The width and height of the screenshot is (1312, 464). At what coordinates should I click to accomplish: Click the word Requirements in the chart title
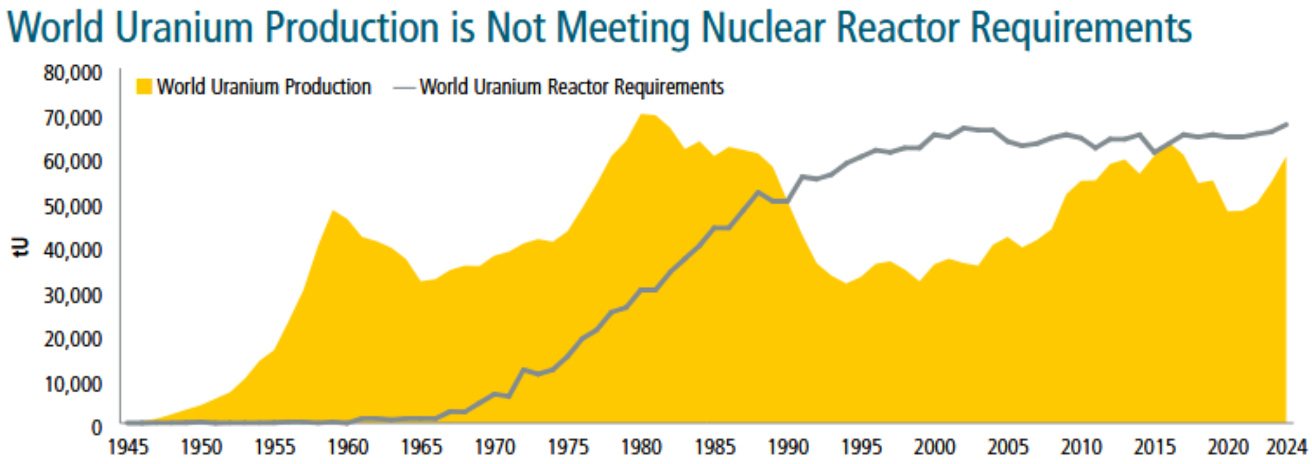point(1081,28)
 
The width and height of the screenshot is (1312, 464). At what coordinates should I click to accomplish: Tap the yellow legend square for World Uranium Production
point(144,86)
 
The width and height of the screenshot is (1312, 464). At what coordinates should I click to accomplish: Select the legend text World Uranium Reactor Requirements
point(572,86)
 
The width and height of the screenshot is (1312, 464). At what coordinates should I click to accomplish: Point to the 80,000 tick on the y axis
point(73,72)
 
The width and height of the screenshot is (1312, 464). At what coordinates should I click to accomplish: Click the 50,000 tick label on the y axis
point(73,206)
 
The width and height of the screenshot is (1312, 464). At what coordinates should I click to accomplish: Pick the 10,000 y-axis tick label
point(73,384)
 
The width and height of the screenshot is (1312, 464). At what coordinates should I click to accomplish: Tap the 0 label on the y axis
point(96,428)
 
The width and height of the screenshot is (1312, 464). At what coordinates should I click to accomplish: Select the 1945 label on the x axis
point(128,448)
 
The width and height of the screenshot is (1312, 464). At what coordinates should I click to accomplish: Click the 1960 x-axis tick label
point(348,448)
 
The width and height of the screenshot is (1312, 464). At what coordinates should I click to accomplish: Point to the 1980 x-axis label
point(641,448)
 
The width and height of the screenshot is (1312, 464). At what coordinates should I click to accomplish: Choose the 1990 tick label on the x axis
point(788,448)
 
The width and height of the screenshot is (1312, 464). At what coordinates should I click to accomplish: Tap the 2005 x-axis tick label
point(1007,448)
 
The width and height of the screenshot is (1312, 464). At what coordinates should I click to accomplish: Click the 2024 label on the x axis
point(1286,448)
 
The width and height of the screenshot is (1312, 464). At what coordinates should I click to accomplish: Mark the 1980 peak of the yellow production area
point(641,115)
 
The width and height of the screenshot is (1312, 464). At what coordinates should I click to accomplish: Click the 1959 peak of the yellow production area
point(334,211)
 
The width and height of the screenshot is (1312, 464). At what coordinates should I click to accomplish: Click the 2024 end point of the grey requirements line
point(1286,124)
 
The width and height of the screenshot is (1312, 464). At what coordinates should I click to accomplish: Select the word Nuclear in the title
point(763,28)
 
